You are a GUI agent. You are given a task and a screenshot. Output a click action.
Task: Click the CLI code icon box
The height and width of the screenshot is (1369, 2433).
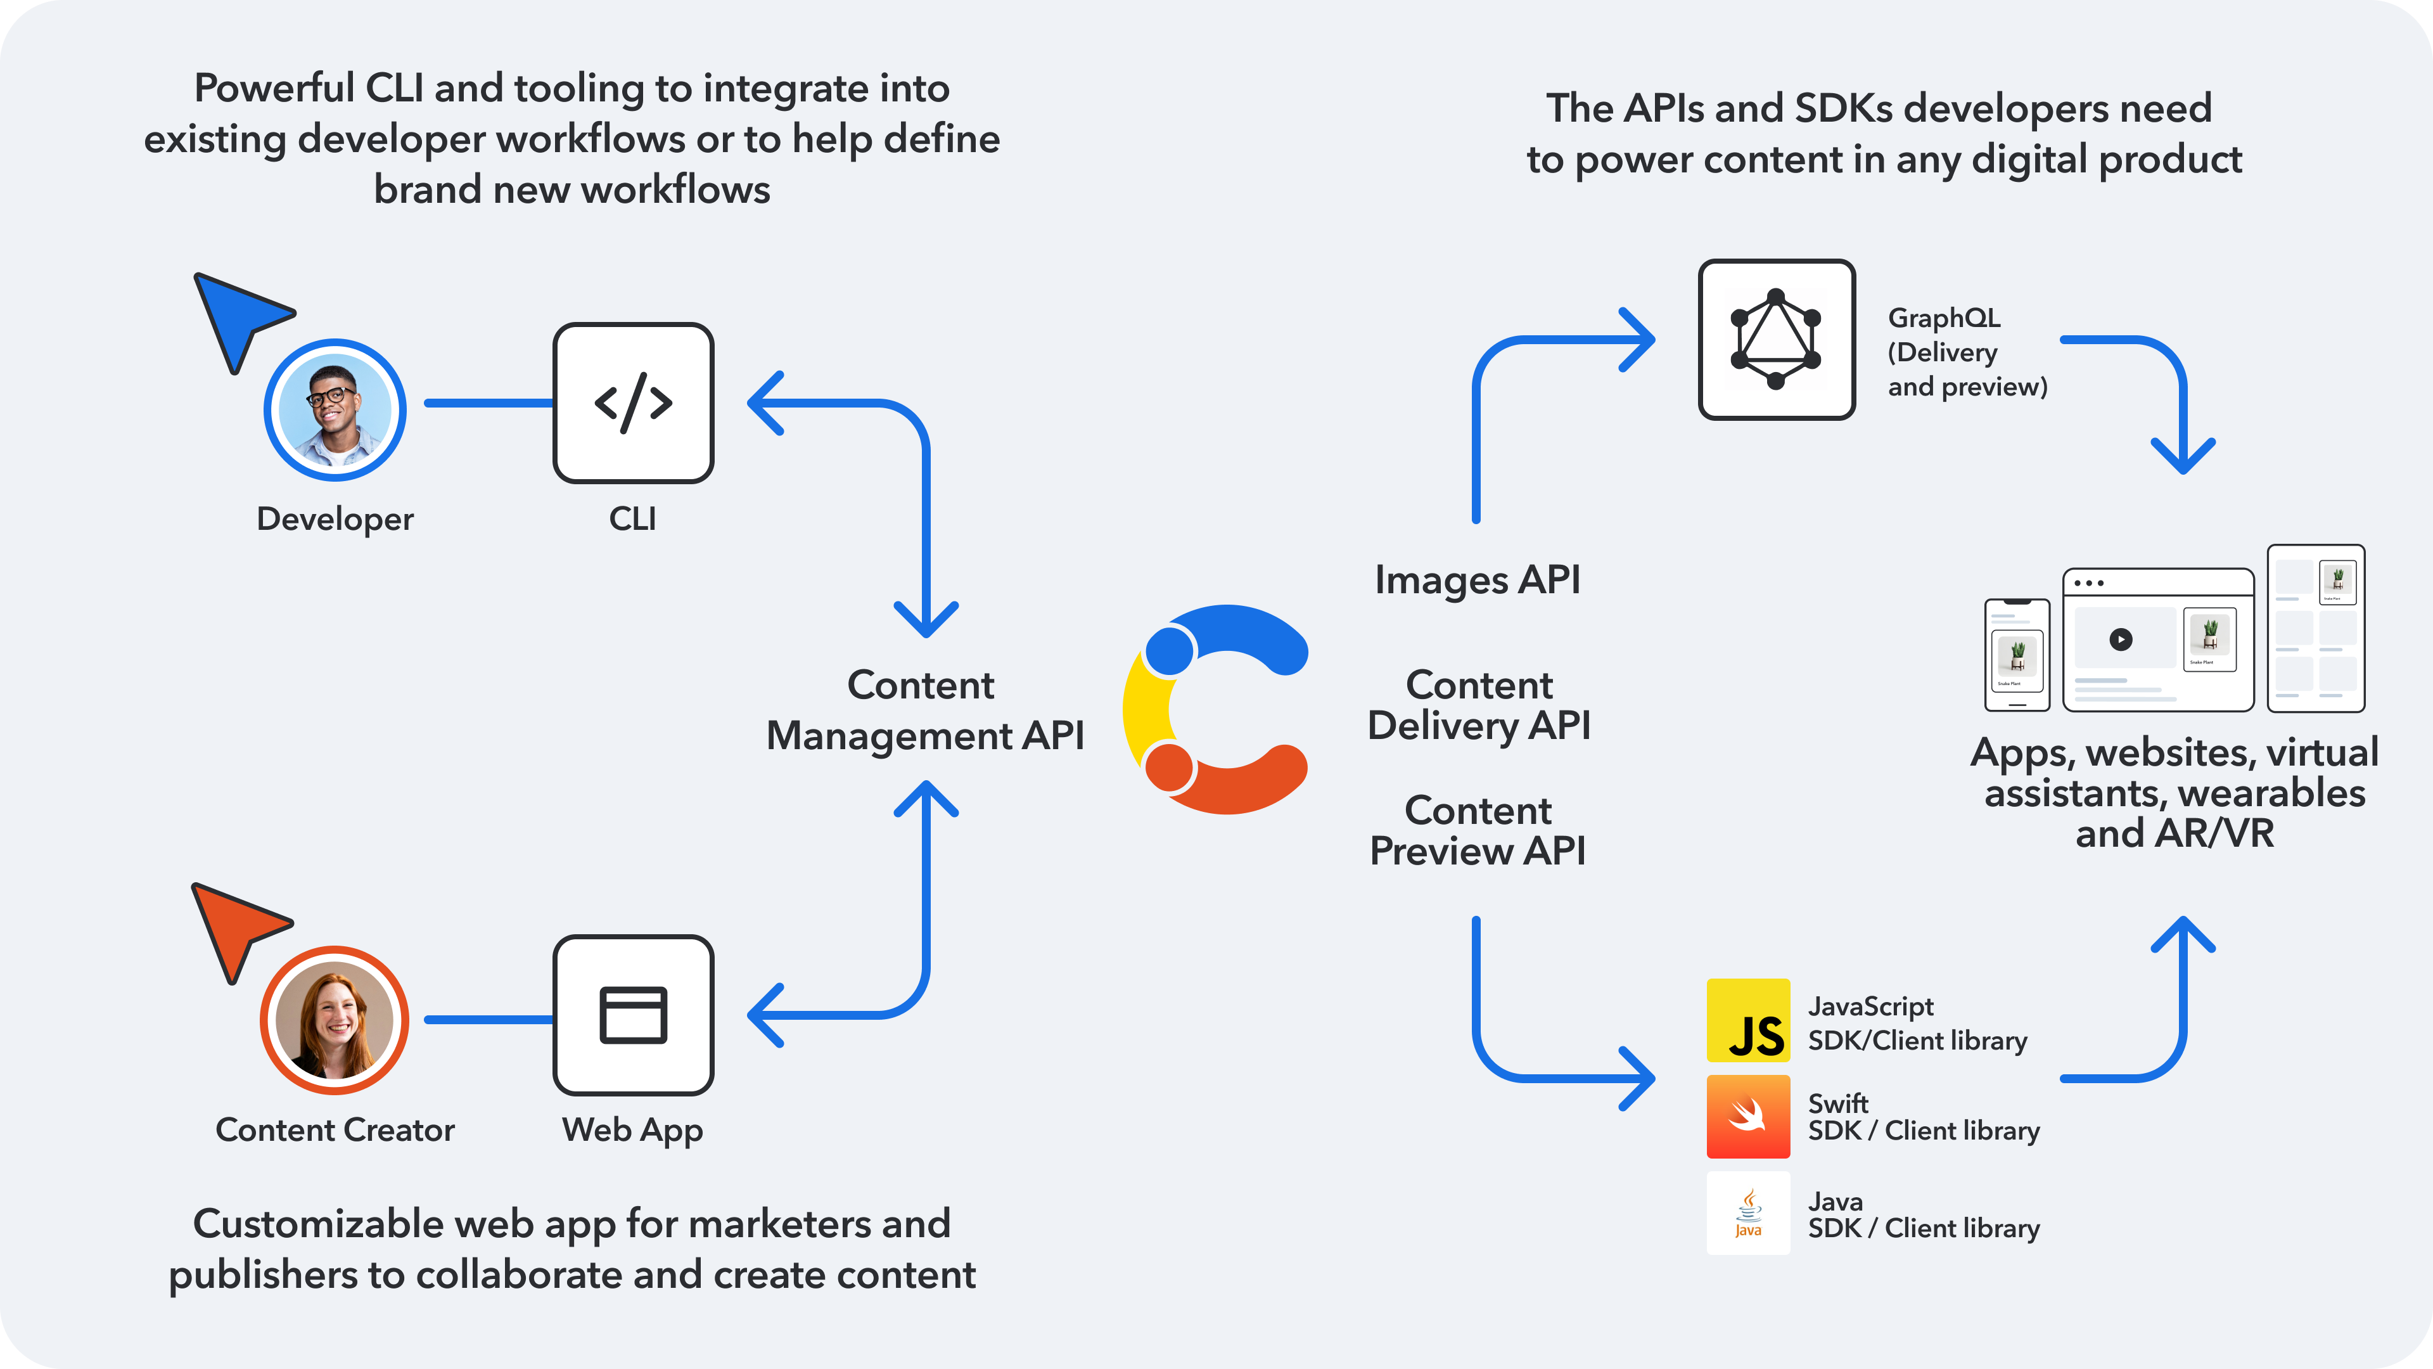(x=633, y=404)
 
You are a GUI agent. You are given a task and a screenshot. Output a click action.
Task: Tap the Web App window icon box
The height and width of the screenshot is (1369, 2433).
(x=633, y=1015)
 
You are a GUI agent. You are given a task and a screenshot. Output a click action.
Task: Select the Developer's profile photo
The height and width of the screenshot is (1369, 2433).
(x=335, y=410)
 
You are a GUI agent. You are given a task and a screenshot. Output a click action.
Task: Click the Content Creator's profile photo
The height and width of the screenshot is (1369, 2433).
(x=335, y=1020)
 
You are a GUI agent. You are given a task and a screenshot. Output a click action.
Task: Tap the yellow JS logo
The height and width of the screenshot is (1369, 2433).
(x=1748, y=1020)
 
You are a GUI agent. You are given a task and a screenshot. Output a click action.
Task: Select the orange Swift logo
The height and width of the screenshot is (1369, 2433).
(x=1748, y=1117)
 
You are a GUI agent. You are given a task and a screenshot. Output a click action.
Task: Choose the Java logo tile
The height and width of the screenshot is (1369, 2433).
(x=1748, y=1213)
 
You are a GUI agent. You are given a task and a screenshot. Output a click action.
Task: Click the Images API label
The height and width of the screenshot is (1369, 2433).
(x=1477, y=579)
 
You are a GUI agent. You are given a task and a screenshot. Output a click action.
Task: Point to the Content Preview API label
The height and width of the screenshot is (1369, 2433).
(x=1477, y=830)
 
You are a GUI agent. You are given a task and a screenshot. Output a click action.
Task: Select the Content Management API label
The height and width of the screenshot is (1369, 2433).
(x=924, y=710)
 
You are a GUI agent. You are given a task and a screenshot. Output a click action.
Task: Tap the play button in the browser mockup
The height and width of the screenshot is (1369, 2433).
(x=2121, y=640)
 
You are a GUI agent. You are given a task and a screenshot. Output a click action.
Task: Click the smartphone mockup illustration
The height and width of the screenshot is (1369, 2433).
(x=2017, y=655)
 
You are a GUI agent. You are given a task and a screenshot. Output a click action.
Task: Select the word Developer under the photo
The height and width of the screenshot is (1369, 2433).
(x=335, y=518)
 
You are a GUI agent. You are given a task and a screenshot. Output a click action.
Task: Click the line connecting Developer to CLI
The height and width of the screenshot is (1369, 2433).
(x=489, y=404)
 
